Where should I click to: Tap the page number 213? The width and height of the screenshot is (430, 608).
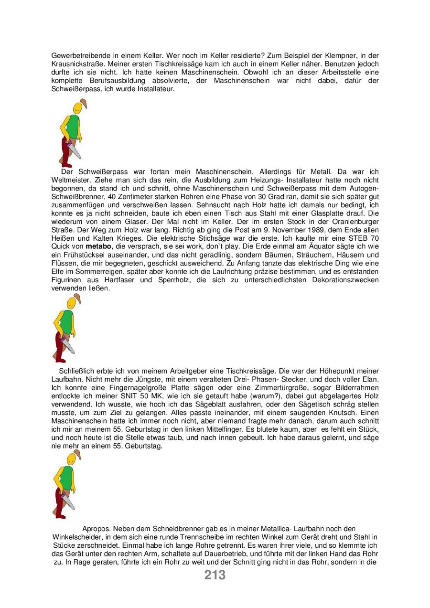[215, 575]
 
